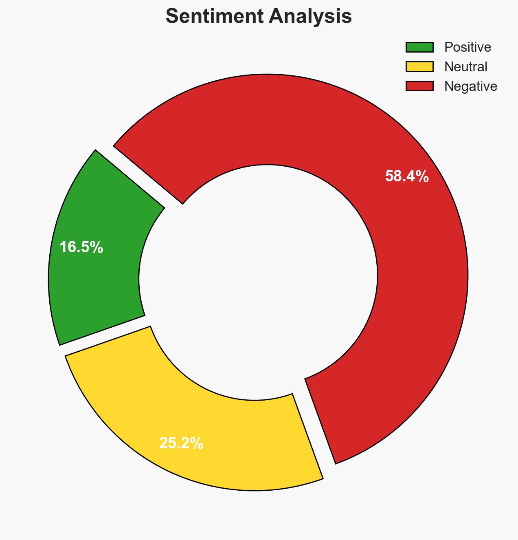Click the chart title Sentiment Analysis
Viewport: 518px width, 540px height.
click(259, 17)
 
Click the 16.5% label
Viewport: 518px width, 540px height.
click(81, 247)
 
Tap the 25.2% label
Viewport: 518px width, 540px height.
click(181, 443)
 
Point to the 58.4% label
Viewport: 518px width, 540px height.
click(406, 176)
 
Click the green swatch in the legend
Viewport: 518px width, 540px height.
click(419, 47)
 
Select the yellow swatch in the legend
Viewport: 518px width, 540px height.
click(419, 66)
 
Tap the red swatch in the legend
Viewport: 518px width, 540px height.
click(419, 86)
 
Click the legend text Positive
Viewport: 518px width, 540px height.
click(468, 47)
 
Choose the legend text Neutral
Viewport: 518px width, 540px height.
click(465, 66)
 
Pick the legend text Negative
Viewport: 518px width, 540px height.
click(470, 86)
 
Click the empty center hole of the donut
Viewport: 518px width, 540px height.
click(259, 281)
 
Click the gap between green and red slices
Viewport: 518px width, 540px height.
click(138, 177)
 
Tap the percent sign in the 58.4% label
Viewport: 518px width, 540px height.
click(422, 176)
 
